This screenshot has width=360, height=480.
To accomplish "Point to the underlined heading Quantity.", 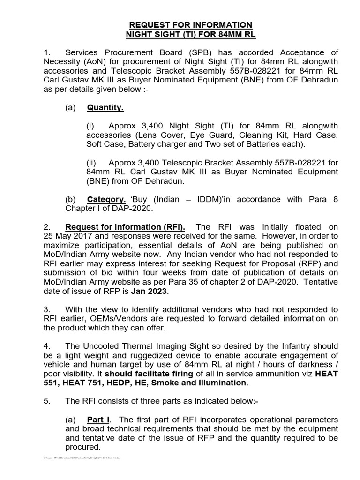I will coord(105,108).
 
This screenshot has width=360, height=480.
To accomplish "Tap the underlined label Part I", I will coord(99,419).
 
